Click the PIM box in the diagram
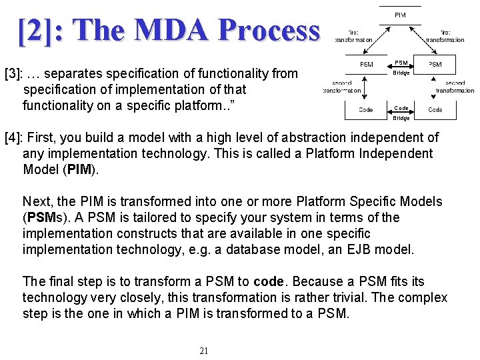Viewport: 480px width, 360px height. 400,15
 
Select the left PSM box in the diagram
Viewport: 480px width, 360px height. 366,65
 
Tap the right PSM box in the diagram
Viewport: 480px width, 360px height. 435,65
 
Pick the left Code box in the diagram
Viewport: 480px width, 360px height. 366,109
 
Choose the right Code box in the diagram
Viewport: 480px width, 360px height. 435,109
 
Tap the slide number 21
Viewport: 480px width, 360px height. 204,351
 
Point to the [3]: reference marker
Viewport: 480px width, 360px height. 14,73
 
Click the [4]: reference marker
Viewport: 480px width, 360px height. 14,138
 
